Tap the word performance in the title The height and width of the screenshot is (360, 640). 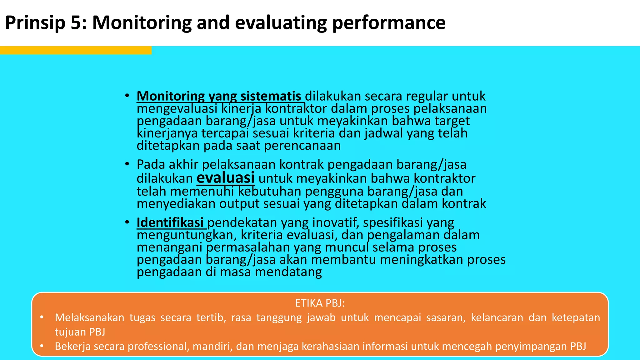click(389, 23)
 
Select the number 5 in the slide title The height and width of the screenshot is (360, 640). click(75, 23)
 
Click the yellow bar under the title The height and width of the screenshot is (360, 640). click(76, 50)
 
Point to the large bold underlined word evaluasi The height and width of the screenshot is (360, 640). click(225, 178)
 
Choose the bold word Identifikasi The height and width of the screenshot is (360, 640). click(170, 222)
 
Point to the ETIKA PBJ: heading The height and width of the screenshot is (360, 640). click(320, 303)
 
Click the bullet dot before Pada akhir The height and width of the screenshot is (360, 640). click(127, 164)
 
